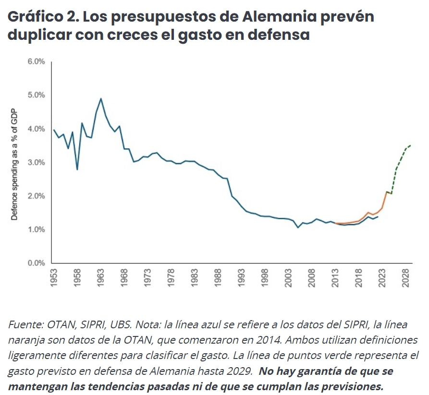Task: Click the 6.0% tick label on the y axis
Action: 36,62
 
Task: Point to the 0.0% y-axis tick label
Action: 36,263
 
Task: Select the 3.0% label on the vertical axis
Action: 36,162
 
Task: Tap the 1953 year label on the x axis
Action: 54,278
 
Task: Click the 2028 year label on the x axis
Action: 406,278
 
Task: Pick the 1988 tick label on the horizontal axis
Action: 218,278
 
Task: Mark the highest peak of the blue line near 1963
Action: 101,98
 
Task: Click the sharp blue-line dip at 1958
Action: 77,169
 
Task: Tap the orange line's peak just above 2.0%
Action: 387,192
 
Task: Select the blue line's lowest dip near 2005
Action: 298,227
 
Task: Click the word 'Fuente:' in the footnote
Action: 26,324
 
